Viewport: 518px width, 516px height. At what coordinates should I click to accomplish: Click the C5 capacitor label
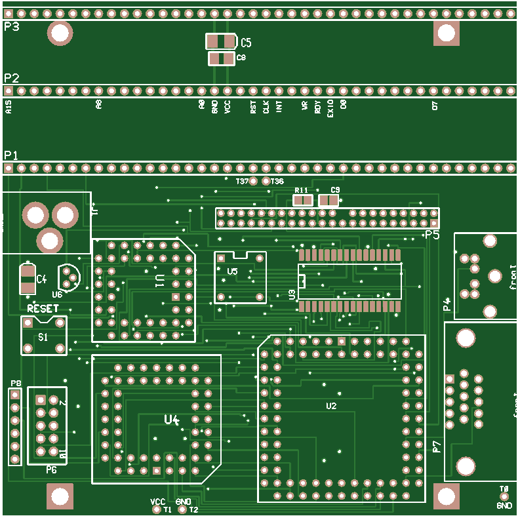[246, 43]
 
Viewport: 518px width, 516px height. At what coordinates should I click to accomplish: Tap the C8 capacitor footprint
[221, 59]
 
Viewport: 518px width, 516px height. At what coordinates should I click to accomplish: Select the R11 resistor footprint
[302, 200]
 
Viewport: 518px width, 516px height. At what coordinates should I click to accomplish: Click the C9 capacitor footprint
[329, 200]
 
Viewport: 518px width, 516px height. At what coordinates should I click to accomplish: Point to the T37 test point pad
[254, 181]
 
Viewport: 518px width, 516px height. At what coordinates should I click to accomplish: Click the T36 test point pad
[266, 181]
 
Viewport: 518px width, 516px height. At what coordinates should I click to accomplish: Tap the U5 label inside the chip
[233, 271]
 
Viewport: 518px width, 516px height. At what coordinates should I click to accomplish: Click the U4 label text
[172, 420]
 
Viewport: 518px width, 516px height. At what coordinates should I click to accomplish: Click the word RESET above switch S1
[43, 308]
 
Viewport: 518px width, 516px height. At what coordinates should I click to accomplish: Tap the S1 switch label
[43, 337]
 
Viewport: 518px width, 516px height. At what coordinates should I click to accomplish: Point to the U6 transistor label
[57, 294]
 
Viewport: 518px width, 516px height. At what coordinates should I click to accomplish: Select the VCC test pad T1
[157, 509]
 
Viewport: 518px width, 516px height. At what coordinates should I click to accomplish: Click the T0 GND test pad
[504, 498]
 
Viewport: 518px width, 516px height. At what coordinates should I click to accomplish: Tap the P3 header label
[11, 26]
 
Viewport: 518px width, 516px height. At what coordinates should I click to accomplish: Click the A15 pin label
[9, 108]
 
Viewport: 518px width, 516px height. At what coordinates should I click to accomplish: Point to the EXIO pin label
[330, 108]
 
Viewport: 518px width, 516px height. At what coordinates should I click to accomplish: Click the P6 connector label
[51, 469]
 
